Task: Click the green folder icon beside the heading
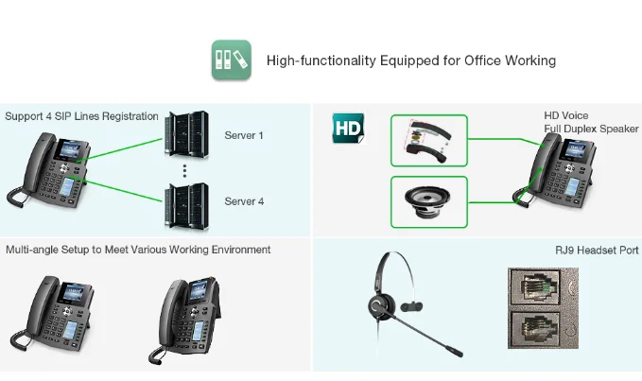coord(231,60)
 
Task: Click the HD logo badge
coord(349,128)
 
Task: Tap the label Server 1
coord(244,135)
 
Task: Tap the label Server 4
coord(244,200)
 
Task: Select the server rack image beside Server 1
coord(185,134)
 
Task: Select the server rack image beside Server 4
coord(185,201)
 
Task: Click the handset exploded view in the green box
coord(428,140)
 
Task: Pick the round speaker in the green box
coord(428,200)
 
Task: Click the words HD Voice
coord(565,115)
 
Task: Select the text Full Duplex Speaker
coord(578,129)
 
